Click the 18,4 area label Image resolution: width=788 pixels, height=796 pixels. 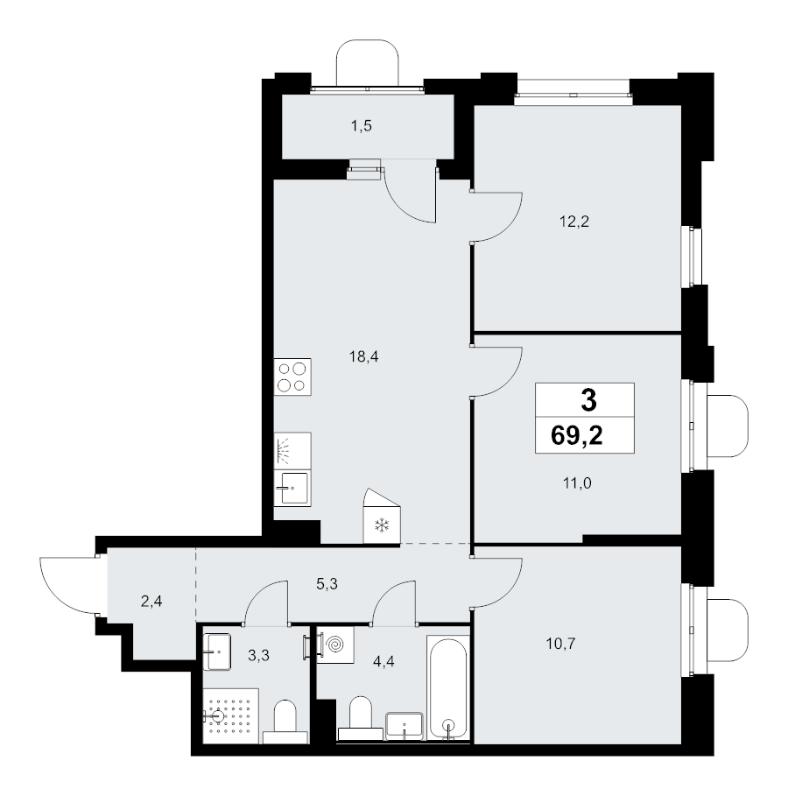pyautogui.click(x=363, y=357)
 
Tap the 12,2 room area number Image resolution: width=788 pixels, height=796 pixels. pyautogui.click(x=574, y=222)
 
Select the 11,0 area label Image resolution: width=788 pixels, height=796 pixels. pyautogui.click(x=577, y=483)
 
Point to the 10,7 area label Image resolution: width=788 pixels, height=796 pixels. pyautogui.click(x=560, y=645)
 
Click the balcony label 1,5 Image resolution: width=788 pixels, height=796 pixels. pyautogui.click(x=362, y=126)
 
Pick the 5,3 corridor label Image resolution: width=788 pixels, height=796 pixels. pyautogui.click(x=327, y=584)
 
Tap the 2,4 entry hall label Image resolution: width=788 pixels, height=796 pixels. pyautogui.click(x=151, y=602)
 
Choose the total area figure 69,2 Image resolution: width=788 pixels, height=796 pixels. pyautogui.click(x=577, y=435)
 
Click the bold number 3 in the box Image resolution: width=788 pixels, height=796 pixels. pyautogui.click(x=588, y=400)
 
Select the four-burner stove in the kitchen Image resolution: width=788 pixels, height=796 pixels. pyautogui.click(x=292, y=377)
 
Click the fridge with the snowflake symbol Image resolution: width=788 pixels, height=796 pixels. pyautogui.click(x=382, y=517)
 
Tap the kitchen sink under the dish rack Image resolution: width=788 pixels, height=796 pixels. pyautogui.click(x=292, y=488)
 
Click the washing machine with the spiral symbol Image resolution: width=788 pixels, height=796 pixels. pyautogui.click(x=334, y=645)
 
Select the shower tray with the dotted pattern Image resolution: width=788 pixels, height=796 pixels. pyautogui.click(x=230, y=716)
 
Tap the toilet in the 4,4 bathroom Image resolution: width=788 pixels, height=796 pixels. pyautogui.click(x=361, y=718)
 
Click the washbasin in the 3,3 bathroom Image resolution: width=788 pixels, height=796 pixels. pyautogui.click(x=217, y=652)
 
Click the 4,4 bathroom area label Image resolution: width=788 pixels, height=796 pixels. pyautogui.click(x=383, y=661)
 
